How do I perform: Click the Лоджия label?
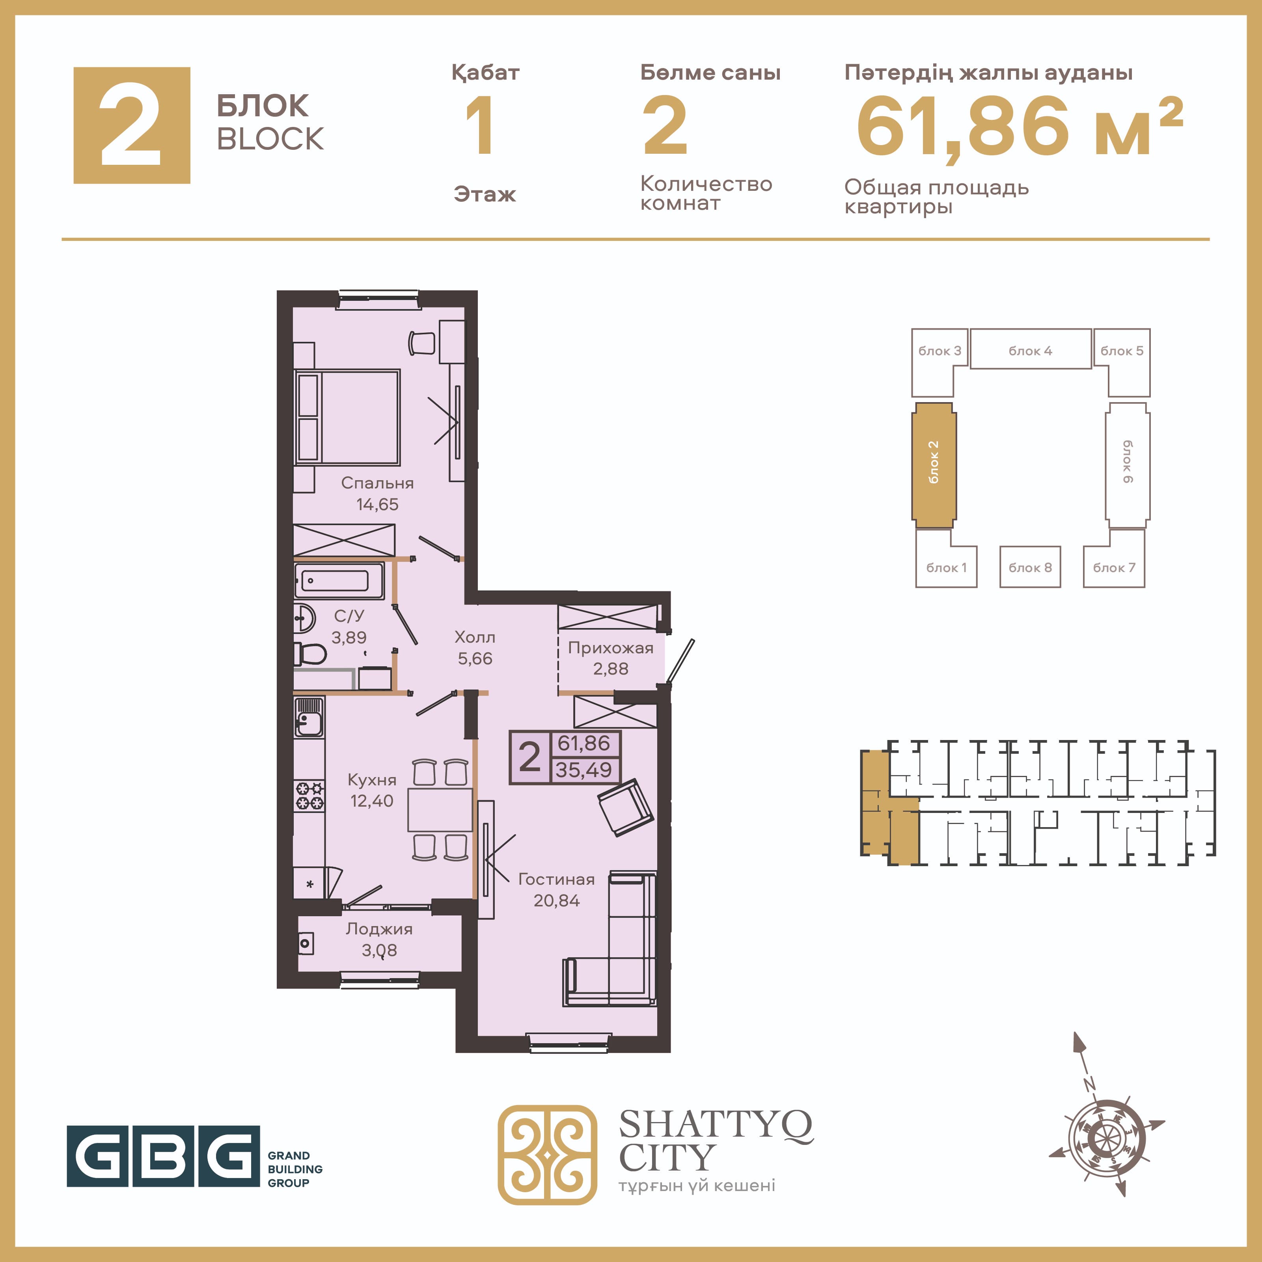[379, 929]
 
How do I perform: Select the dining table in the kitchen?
[440, 809]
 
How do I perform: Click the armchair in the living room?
[626, 807]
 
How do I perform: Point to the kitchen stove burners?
[309, 796]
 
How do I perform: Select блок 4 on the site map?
[1030, 349]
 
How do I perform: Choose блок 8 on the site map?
[1030, 567]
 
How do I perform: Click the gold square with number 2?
[132, 125]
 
